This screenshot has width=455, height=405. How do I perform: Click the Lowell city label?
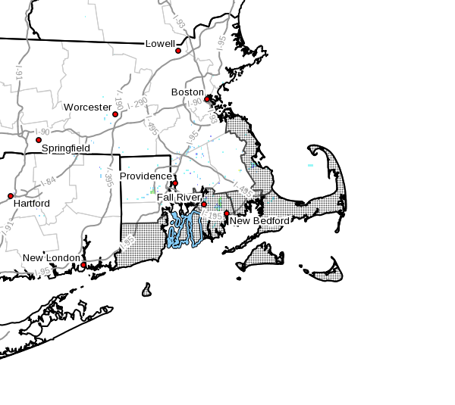[x=160, y=44]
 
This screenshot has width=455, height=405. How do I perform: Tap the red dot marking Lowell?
[x=178, y=51]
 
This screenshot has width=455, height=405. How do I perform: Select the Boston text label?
[x=187, y=92]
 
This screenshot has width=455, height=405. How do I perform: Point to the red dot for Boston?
[x=207, y=99]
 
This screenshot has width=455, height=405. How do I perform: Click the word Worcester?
[x=86, y=107]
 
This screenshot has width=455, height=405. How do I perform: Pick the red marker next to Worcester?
[x=115, y=114]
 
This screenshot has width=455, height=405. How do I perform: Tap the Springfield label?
[x=65, y=148]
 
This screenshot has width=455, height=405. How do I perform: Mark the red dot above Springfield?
[x=39, y=140]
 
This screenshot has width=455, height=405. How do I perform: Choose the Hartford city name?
[x=31, y=204]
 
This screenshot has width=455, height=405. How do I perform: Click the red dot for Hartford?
[x=11, y=196]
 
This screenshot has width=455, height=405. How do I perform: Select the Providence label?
[x=146, y=176]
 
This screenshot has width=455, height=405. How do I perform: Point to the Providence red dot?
[x=175, y=183]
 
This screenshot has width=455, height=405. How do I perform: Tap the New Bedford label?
[x=259, y=221]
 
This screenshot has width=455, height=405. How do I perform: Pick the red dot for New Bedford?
[x=227, y=213]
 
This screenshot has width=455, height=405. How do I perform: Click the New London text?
[x=52, y=258]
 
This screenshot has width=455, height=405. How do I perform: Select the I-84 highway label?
[x=50, y=182]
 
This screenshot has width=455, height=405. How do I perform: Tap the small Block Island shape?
[x=146, y=290]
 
